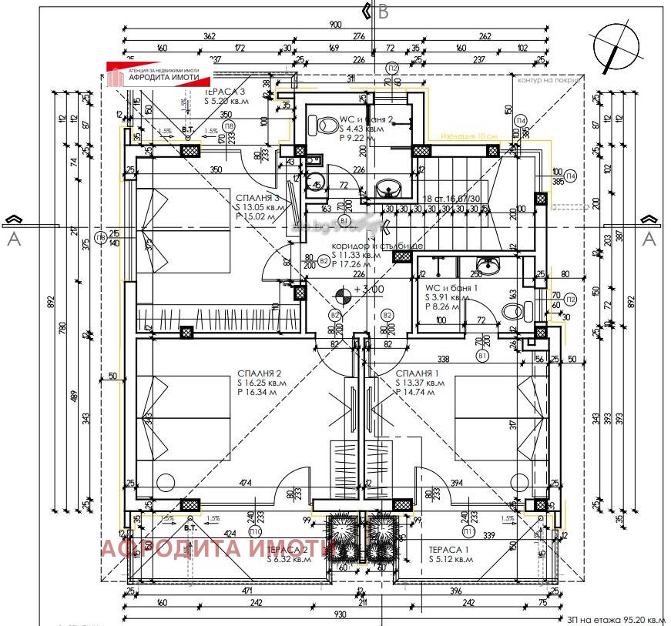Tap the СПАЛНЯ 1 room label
[x=418, y=373]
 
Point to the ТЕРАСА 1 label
[x=448, y=549]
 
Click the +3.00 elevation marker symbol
[x=344, y=290]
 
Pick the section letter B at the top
[x=384, y=12]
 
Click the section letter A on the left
[x=13, y=239]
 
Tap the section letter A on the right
[x=649, y=239]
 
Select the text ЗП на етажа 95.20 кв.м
[x=614, y=619]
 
